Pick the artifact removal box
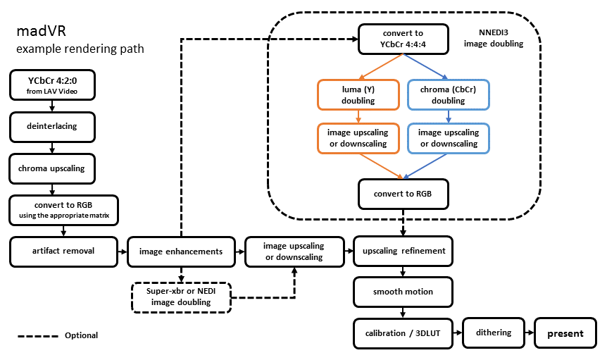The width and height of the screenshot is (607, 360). point(63,251)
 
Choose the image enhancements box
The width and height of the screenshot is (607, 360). point(181,251)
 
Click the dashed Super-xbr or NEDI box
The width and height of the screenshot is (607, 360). point(182,297)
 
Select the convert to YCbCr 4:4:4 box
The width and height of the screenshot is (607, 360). point(403,39)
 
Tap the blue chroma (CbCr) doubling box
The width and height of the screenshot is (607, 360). point(449,95)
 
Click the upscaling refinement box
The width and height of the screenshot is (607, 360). point(403,251)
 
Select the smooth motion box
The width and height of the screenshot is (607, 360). point(403,292)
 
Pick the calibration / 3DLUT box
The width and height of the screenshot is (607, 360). point(403,333)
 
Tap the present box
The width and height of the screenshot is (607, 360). point(566,333)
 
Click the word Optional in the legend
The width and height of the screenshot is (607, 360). point(81,335)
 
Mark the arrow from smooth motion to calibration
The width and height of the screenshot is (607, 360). point(403,312)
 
